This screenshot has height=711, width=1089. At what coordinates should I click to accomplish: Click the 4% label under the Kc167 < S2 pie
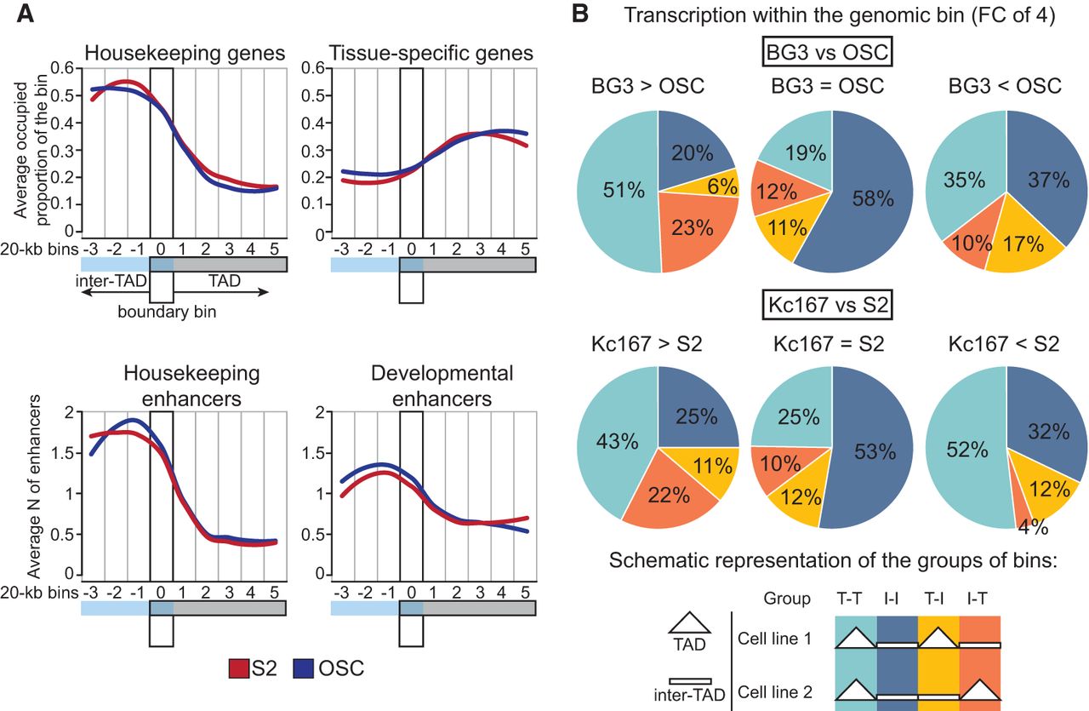pyautogui.click(x=1033, y=528)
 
